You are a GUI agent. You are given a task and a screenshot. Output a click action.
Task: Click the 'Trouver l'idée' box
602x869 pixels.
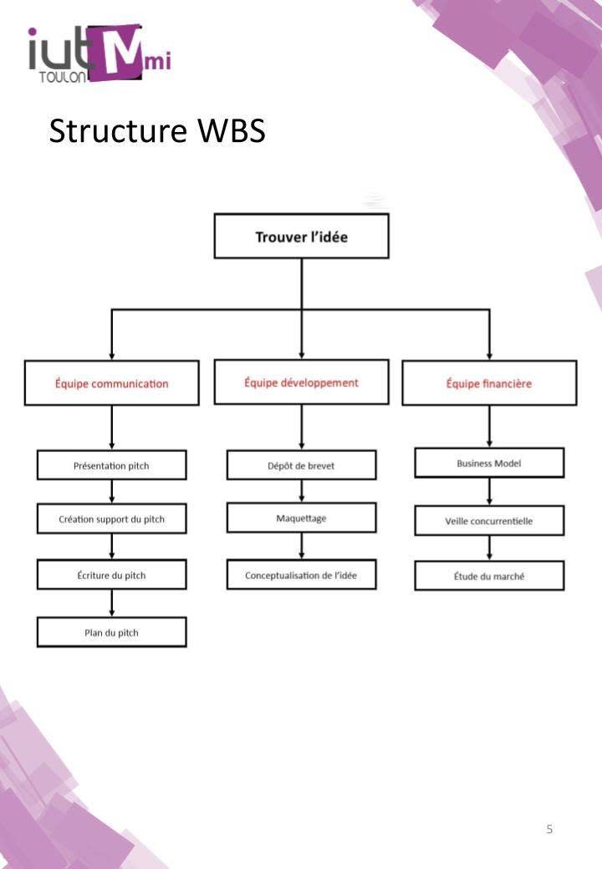coord(301,236)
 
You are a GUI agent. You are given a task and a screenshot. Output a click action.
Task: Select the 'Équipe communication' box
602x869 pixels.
coord(111,384)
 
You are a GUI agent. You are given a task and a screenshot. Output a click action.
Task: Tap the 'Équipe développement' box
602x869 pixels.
coord(301,382)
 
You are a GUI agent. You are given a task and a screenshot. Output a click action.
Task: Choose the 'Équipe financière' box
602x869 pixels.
coord(489,384)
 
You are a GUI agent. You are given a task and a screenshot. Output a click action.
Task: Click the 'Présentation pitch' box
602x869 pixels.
coord(111,465)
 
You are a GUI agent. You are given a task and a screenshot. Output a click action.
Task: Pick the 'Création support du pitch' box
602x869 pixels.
coord(111,519)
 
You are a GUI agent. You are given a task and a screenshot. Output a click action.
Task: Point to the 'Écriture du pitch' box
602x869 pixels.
coord(111,575)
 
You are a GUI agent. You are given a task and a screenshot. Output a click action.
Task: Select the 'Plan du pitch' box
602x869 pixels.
coord(111,633)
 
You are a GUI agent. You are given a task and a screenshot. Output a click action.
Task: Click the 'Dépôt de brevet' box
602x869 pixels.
coord(301,465)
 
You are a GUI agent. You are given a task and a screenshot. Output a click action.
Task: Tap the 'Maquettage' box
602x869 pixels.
coord(301,518)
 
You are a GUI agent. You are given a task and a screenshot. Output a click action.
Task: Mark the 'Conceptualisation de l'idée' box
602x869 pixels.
coord(301,575)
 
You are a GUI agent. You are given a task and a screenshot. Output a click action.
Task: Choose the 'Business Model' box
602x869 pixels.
coord(489,463)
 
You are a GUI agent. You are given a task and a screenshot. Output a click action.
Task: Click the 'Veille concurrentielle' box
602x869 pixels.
coord(489,521)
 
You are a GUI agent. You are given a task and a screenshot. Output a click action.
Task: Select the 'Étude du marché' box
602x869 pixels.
coord(489,576)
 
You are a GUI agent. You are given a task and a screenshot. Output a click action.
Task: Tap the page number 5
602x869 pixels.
coord(549,830)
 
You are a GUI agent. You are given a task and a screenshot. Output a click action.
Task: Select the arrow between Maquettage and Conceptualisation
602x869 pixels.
coord(301,546)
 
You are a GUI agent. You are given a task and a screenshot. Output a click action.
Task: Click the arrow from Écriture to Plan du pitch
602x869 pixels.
coord(111,603)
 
